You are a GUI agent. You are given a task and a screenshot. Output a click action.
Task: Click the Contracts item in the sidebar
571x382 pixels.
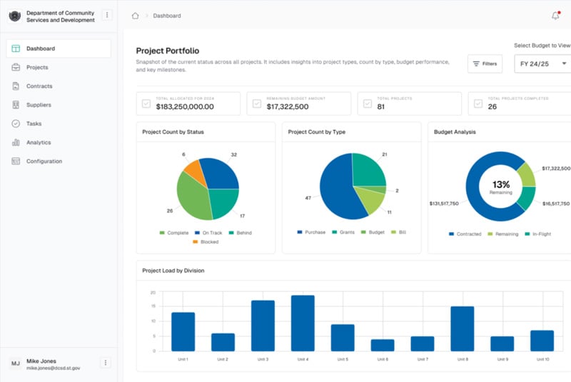(x=39, y=86)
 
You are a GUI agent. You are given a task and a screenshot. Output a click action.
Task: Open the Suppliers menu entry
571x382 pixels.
(x=39, y=105)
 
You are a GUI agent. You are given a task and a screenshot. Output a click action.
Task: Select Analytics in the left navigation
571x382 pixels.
(x=39, y=142)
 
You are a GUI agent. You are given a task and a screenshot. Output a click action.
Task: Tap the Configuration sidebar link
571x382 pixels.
(x=44, y=161)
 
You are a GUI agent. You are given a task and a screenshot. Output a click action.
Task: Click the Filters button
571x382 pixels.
(x=485, y=64)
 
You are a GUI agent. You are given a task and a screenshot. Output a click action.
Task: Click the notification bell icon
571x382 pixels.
(x=555, y=16)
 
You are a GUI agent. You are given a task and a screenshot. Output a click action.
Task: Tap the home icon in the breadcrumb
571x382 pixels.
(x=135, y=16)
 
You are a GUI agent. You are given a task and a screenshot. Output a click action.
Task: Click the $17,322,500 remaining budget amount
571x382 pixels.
(x=288, y=106)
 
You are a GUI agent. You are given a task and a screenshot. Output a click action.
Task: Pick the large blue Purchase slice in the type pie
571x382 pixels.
(x=340, y=189)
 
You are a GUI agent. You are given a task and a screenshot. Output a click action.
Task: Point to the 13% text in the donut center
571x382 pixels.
(x=501, y=184)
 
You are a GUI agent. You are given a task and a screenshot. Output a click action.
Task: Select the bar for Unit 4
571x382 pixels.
(x=303, y=323)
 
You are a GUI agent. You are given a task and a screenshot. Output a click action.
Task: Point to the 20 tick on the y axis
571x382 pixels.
(x=153, y=293)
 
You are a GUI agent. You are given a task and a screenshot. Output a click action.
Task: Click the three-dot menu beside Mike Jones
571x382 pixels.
(x=106, y=363)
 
